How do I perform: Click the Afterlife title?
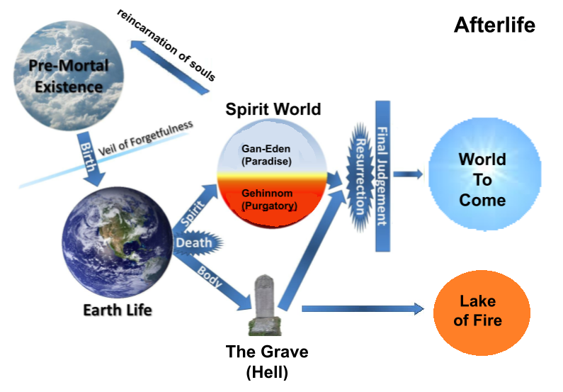[494, 26]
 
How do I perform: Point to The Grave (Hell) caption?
[267, 360]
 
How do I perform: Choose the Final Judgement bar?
[382, 176]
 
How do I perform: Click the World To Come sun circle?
[482, 179]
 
